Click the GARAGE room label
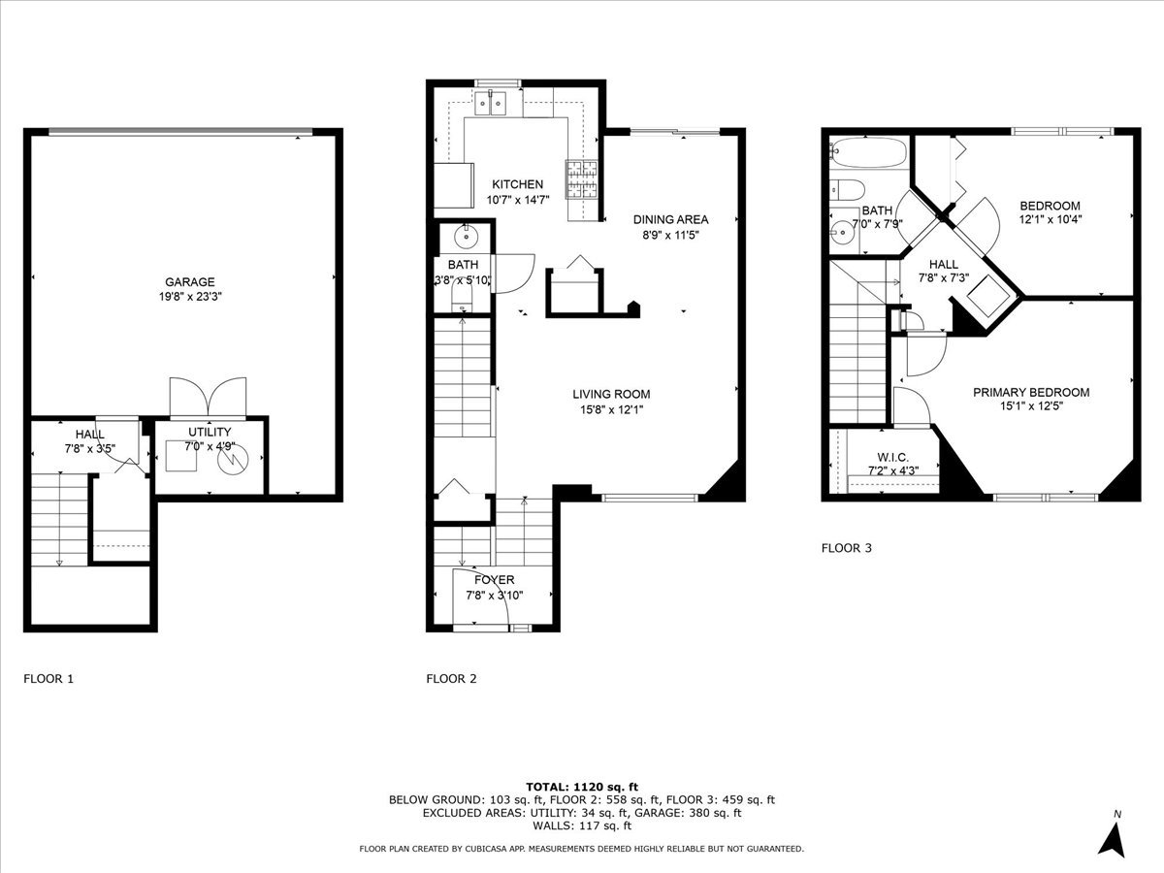190,282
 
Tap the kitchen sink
491,104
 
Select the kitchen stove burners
582,179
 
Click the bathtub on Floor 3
868,152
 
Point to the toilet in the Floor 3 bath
847,189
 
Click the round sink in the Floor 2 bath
467,236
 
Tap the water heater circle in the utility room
232,459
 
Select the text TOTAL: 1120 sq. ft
582,787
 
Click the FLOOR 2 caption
451,678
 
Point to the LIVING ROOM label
611,395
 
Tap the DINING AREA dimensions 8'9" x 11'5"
671,235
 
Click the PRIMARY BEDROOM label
1031,392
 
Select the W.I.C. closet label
893,457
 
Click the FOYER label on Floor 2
495,580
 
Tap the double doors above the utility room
208,397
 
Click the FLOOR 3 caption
847,548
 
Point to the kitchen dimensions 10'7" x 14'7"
518,200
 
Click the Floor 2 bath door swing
514,274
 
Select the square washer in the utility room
181,455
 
